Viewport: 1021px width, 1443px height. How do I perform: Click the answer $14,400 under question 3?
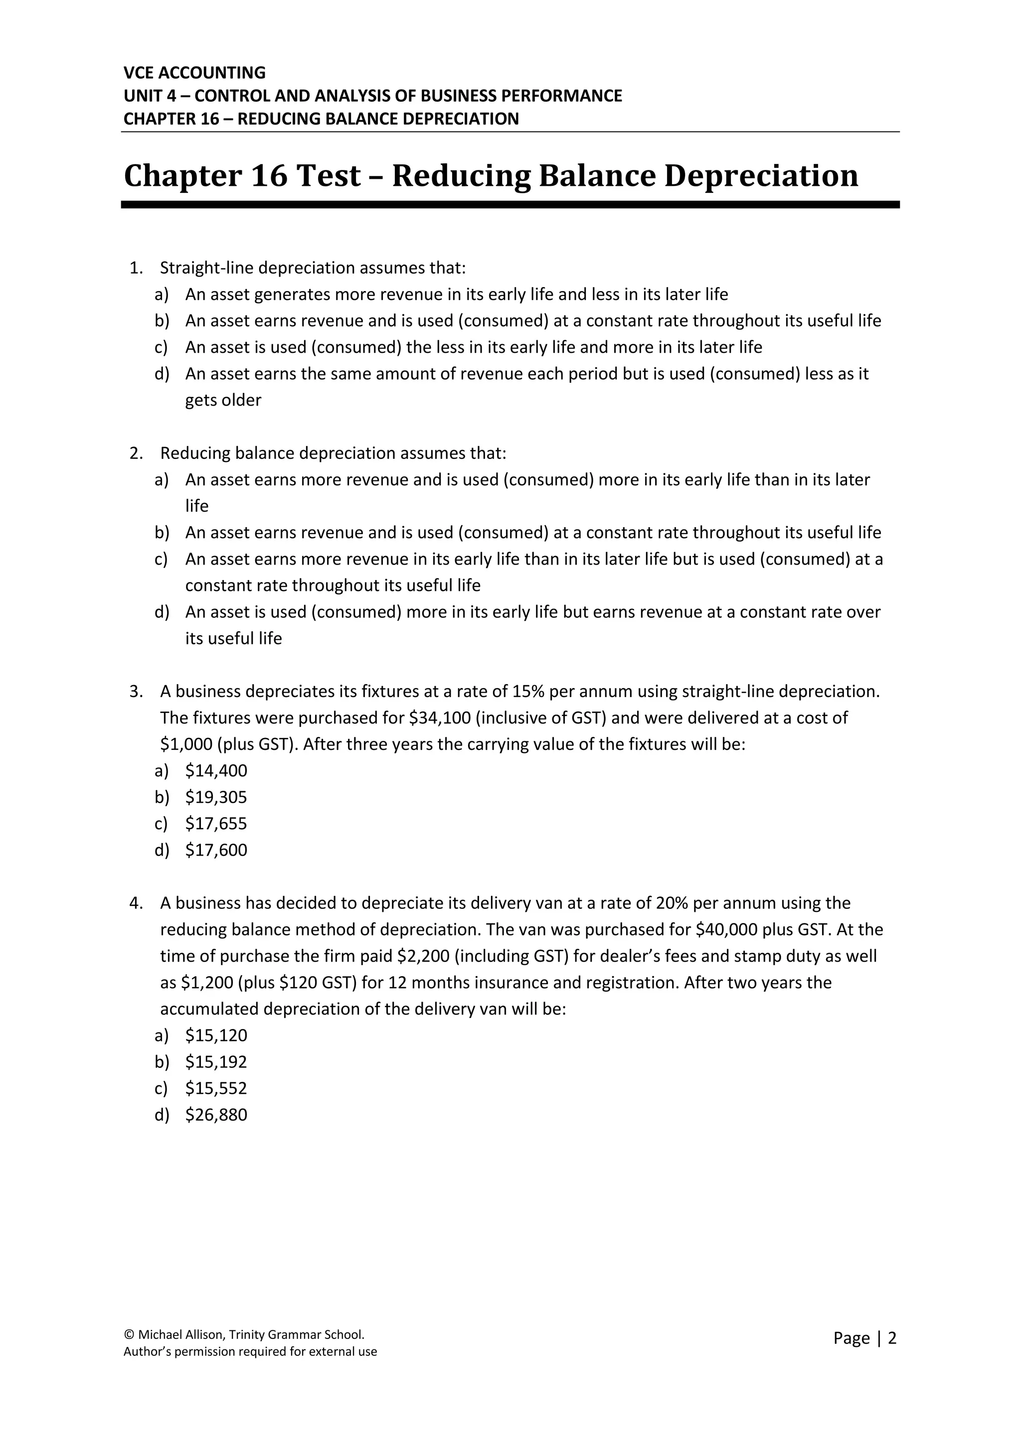(216, 770)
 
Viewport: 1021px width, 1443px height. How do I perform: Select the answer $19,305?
(216, 797)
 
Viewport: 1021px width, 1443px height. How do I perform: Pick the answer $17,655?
(216, 823)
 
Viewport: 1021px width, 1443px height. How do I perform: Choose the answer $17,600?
(216, 850)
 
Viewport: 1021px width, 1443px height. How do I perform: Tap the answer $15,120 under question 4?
(216, 1035)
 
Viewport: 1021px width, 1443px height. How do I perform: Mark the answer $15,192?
(216, 1061)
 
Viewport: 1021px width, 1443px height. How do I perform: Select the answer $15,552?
(216, 1088)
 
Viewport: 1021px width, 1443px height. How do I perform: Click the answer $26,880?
(216, 1114)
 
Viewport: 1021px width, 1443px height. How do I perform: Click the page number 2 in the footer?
(891, 1338)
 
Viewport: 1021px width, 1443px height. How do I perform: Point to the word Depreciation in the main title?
(761, 175)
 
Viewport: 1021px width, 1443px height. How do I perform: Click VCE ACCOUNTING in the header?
(195, 73)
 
